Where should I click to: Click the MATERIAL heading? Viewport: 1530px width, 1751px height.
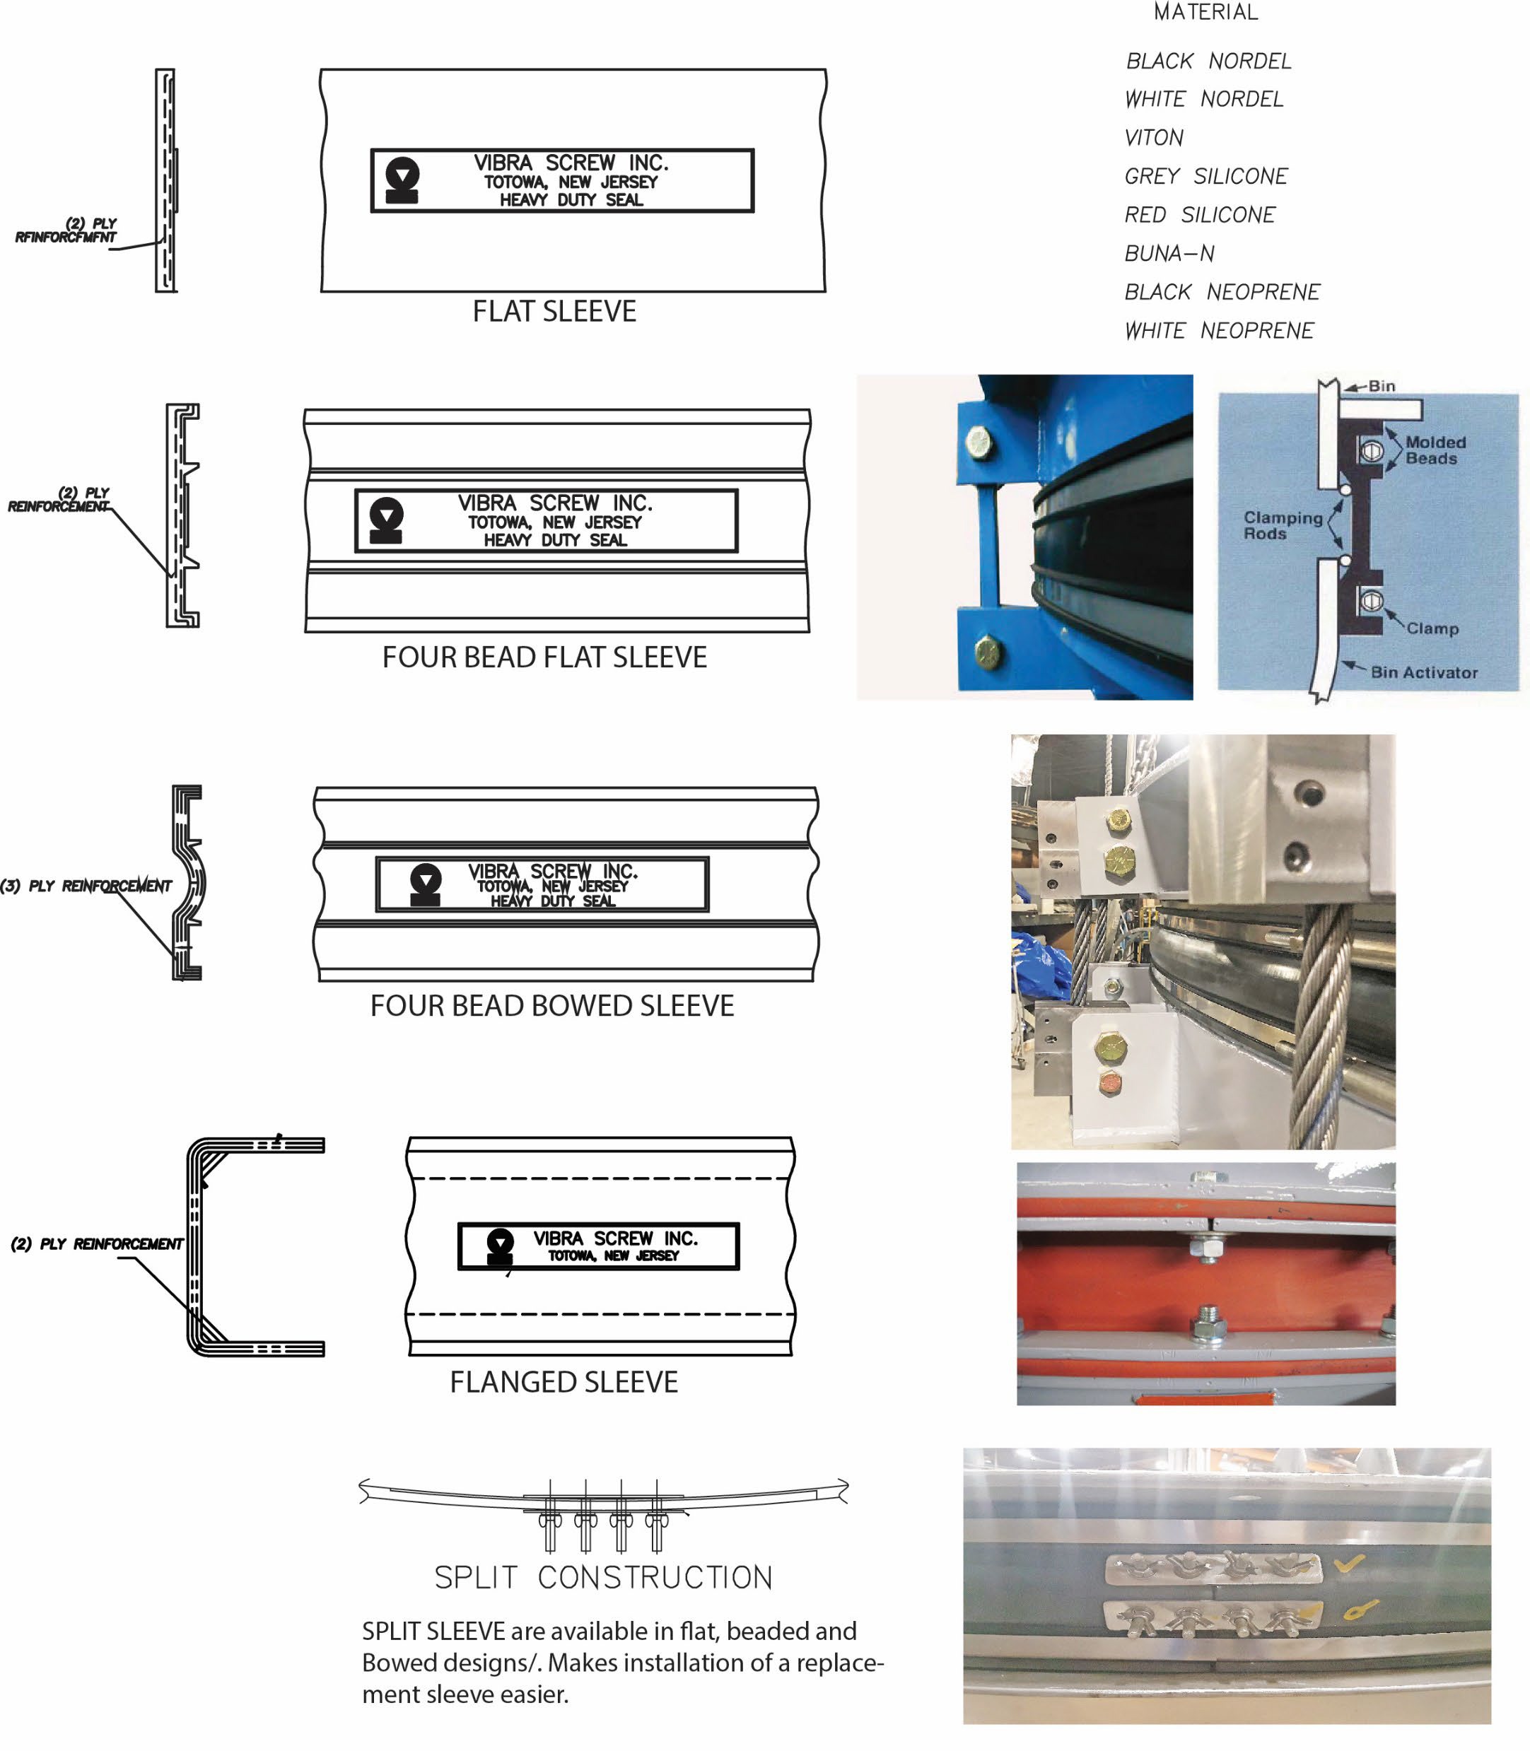pos(1205,12)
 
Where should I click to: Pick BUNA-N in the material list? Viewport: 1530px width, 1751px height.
pos(1169,254)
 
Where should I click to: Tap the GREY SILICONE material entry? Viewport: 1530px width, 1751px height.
pos(1205,177)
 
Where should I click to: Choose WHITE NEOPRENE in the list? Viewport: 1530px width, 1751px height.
pos(1218,330)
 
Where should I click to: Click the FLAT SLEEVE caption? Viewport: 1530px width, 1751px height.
pos(554,312)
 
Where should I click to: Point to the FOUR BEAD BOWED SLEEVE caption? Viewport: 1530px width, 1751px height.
pos(551,1006)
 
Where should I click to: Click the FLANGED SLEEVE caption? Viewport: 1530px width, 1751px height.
pos(563,1382)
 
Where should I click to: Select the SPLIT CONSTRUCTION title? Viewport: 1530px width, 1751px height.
pos(603,1578)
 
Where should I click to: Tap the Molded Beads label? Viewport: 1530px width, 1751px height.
pos(1435,450)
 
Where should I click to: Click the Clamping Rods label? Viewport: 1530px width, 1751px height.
pos(1283,525)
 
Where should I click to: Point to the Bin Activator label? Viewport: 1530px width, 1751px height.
pos(1424,673)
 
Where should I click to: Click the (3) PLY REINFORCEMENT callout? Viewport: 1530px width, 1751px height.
pos(86,886)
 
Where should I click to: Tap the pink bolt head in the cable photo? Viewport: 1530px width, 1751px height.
pos(1111,1084)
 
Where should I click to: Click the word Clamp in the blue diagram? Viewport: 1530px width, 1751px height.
pos(1432,628)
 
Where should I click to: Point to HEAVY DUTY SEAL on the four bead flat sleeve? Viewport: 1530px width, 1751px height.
pos(555,540)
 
